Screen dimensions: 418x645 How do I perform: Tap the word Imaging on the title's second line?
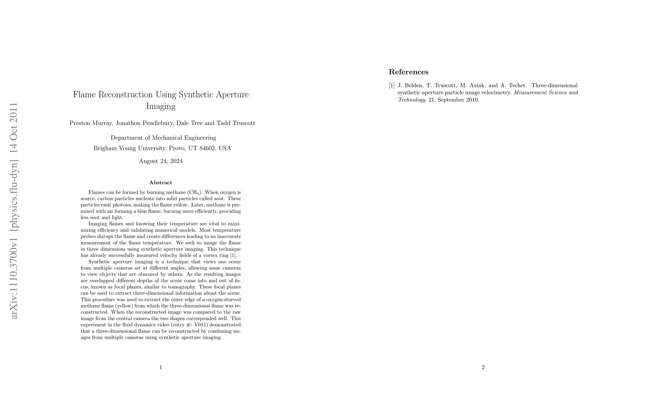tap(160, 106)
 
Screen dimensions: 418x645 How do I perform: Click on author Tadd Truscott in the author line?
tap(236, 123)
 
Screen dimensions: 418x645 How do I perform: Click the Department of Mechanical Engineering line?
tap(163, 138)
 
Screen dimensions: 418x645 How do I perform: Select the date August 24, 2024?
tap(160, 161)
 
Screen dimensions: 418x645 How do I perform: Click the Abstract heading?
tap(160, 183)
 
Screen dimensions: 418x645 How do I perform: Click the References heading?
tap(408, 72)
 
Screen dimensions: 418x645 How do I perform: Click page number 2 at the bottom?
tap(483, 367)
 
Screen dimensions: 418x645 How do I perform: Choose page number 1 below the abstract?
tap(160, 367)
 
